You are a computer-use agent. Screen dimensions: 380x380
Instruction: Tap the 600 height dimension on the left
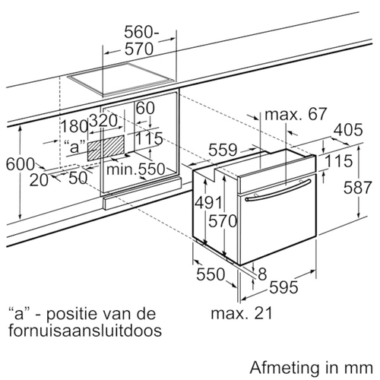tap(21, 164)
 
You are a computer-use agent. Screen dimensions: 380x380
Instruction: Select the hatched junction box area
tap(106, 147)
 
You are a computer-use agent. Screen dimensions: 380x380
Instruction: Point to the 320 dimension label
tap(103, 121)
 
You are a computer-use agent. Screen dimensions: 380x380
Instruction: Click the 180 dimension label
tap(74, 126)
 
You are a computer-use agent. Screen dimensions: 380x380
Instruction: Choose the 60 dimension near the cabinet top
tap(145, 108)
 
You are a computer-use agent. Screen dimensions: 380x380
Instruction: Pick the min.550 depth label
tap(135, 169)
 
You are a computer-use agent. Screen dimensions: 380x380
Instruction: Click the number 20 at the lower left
tap(39, 180)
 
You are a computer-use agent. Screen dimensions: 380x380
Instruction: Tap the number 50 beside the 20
tap(78, 178)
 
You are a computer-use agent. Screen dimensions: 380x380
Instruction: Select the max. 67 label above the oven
tap(296, 114)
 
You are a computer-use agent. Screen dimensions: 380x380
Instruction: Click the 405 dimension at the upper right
tap(348, 130)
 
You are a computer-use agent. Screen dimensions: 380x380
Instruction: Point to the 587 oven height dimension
tap(357, 188)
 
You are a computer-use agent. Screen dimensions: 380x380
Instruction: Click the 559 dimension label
tap(223, 150)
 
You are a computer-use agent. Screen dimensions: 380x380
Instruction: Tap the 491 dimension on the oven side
tap(208, 203)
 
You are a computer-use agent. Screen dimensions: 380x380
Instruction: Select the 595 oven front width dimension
tap(283, 287)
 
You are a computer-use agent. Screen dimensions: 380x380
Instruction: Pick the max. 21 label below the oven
tap(242, 313)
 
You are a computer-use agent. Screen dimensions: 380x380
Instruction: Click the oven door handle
tap(278, 191)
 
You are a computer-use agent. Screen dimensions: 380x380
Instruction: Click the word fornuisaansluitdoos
tap(85, 331)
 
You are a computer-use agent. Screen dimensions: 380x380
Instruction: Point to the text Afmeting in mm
tap(312, 368)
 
